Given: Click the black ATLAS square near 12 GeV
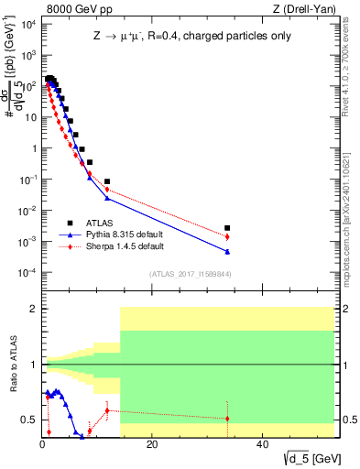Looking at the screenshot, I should (107, 181).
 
